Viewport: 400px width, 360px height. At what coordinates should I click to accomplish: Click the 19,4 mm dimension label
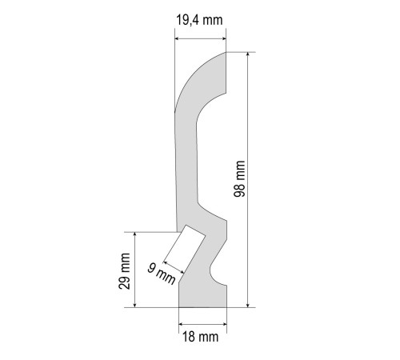click(199, 20)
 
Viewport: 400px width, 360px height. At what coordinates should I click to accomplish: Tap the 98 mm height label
click(239, 178)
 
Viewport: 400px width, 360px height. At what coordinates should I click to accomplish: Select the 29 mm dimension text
click(124, 271)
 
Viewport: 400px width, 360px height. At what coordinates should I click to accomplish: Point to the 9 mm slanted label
click(162, 274)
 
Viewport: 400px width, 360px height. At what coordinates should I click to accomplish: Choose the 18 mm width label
click(200, 337)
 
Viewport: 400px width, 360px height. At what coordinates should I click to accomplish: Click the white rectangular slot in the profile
click(184, 250)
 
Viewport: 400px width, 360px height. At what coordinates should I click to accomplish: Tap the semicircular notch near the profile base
click(217, 273)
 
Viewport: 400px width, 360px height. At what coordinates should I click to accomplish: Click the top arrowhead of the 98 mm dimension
click(248, 54)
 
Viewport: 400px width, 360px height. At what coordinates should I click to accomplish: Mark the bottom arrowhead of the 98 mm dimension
click(248, 305)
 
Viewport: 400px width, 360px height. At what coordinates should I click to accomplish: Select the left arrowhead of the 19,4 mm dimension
click(178, 39)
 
